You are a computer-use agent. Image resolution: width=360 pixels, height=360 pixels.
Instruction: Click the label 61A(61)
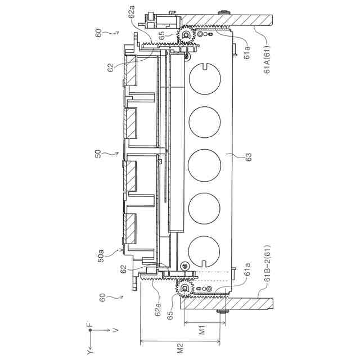pos(267,60)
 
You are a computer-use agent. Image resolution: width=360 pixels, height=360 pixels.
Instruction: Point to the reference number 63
pos(249,157)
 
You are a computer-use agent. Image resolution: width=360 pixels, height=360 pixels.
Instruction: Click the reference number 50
pos(98,154)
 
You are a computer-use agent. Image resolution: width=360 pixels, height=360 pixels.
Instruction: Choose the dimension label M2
pos(181,348)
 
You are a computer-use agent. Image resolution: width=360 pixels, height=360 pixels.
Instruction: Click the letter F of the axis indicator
pos(90,325)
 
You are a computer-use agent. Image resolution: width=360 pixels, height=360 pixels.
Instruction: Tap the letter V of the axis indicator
pos(116,330)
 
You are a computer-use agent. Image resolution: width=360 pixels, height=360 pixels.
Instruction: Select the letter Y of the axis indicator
pos(90,351)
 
